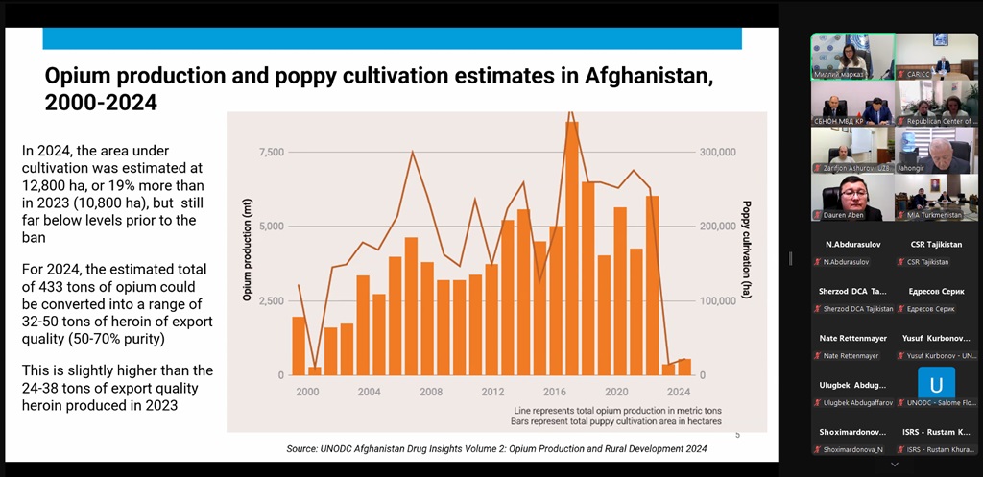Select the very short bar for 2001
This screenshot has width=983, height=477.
click(x=315, y=370)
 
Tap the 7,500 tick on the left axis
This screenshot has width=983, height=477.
click(x=272, y=152)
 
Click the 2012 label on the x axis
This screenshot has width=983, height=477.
click(x=493, y=392)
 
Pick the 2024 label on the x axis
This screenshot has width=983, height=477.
click(x=679, y=392)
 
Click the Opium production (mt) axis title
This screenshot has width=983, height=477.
click(x=247, y=250)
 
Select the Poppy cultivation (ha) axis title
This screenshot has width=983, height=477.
click(x=746, y=250)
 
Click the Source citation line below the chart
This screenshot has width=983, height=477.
click(x=496, y=448)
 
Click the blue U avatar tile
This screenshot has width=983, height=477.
click(x=936, y=383)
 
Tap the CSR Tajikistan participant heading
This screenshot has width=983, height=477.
click(x=936, y=245)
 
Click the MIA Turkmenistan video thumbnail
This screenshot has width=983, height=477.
click(x=936, y=197)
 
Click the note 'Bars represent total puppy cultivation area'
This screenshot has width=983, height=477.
click(x=617, y=420)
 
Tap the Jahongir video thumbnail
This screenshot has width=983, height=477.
click(x=936, y=151)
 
